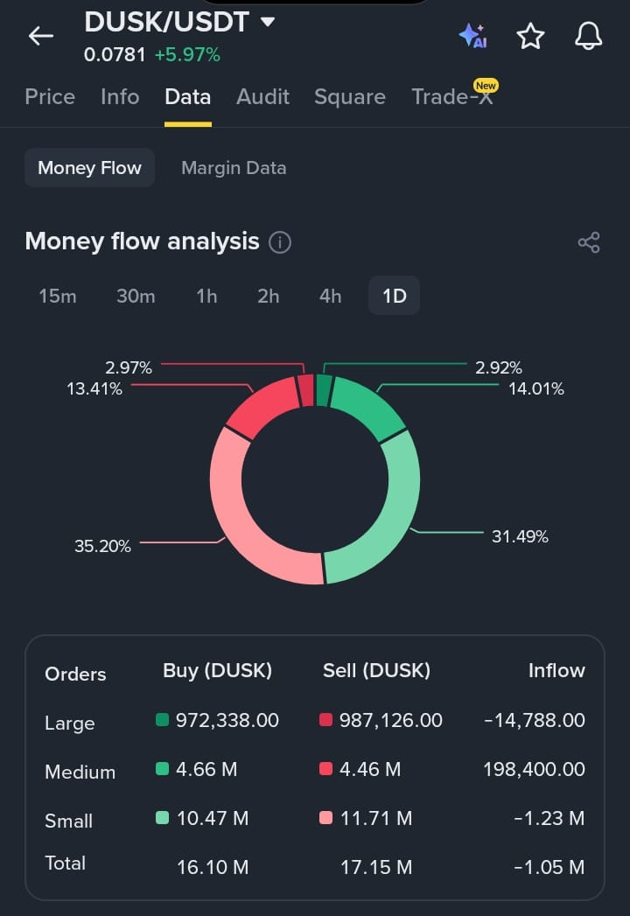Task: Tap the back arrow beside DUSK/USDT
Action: (41, 36)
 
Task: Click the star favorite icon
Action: (530, 36)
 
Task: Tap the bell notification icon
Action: (589, 36)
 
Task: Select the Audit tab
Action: (262, 96)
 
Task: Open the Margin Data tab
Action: (234, 168)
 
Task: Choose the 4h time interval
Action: (330, 297)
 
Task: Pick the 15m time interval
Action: (57, 297)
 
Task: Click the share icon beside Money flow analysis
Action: (589, 242)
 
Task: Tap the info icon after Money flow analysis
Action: (279, 241)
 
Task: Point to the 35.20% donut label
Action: (102, 546)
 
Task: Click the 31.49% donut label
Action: (520, 537)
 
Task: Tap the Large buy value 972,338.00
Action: (227, 720)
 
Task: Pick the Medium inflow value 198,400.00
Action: (534, 769)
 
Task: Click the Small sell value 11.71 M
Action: (376, 818)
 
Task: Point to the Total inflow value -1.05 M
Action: (549, 868)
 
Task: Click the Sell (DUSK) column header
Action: (376, 671)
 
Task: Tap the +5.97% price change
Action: (187, 55)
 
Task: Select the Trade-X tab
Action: (452, 96)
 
